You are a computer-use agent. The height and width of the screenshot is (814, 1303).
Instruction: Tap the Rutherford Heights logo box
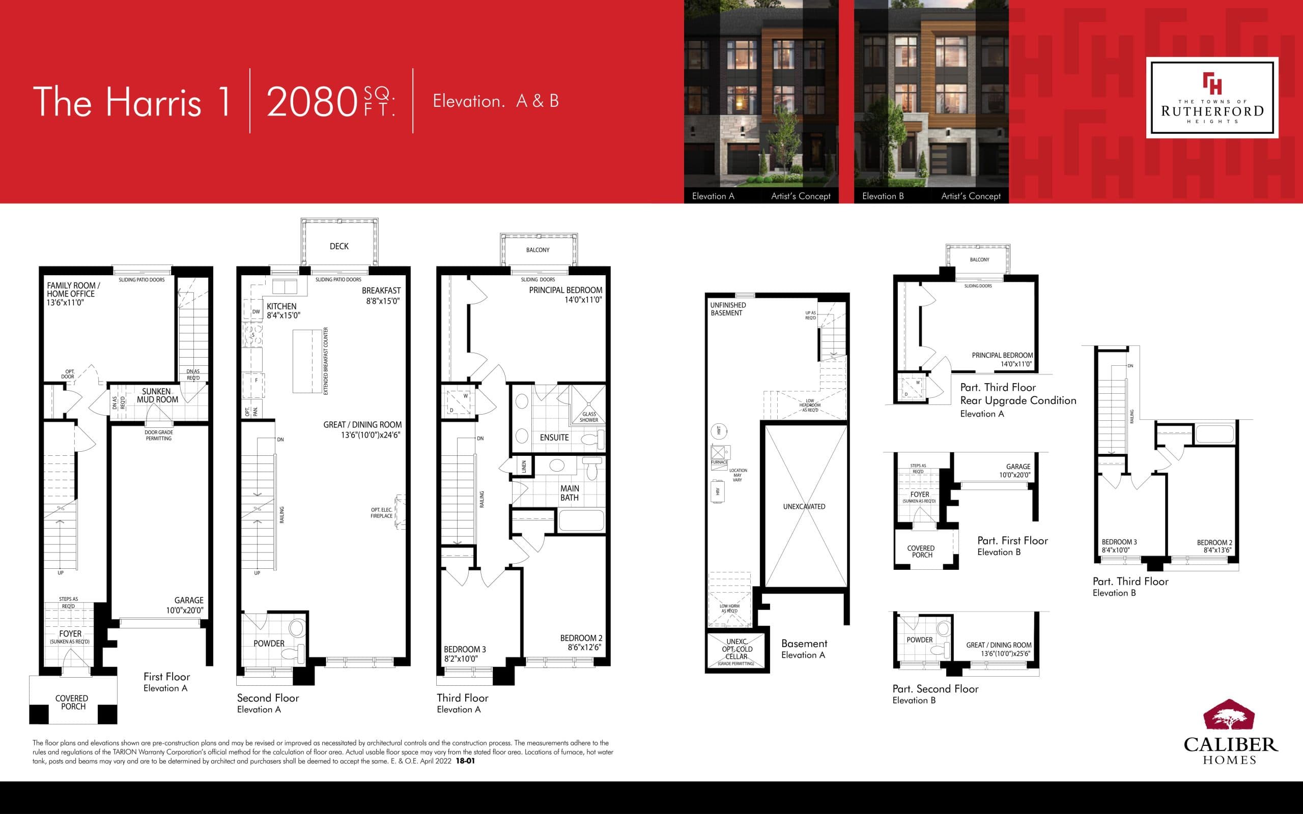(x=1211, y=98)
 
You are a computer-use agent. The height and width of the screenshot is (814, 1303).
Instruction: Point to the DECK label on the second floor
(x=338, y=246)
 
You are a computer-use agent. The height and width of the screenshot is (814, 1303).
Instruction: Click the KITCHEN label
(x=281, y=306)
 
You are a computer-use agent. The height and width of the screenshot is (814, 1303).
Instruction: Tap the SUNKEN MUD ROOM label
(x=157, y=396)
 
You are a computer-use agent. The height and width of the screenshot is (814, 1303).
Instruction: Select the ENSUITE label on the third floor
(x=554, y=438)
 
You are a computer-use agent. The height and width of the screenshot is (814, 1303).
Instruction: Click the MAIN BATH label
(x=569, y=493)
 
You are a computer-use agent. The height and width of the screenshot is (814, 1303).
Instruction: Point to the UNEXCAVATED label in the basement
(x=804, y=507)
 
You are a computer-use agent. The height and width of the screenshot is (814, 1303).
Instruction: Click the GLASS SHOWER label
(x=588, y=417)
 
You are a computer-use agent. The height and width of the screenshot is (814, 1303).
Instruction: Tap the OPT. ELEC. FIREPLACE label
(x=381, y=513)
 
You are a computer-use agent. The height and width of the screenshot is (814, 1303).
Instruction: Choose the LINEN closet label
(x=524, y=467)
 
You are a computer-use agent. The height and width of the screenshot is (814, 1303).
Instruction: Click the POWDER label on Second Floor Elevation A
(x=269, y=644)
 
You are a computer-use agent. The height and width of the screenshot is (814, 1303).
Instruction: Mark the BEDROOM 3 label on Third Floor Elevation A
(x=465, y=649)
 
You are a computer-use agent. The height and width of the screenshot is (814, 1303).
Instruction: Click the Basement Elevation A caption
(x=804, y=648)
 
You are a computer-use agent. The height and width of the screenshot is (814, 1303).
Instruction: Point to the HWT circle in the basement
(x=718, y=431)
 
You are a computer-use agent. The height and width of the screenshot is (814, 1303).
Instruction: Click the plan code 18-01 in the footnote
(x=465, y=761)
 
